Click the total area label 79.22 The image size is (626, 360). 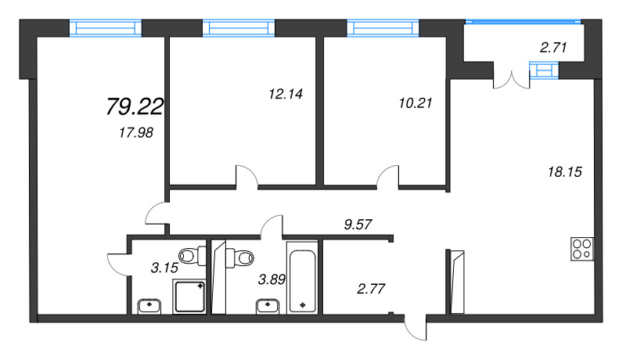[x=135, y=107]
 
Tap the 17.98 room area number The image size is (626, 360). [x=136, y=132]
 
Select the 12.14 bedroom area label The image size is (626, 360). [x=286, y=94]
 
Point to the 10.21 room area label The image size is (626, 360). [x=416, y=103]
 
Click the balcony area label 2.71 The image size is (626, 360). [x=553, y=48]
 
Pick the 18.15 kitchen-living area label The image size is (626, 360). [x=565, y=172]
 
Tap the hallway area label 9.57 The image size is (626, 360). [x=358, y=225]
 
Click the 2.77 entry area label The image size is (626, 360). [x=371, y=289]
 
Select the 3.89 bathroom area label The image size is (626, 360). [x=272, y=279]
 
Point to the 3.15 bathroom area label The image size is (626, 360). [x=164, y=268]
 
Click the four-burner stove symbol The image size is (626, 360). [x=582, y=249]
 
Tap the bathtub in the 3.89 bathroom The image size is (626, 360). [x=302, y=281]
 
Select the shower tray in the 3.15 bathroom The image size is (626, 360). [x=189, y=297]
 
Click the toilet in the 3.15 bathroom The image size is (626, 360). [x=192, y=255]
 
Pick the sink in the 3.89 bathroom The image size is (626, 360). [x=268, y=307]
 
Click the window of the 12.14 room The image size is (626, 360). [x=239, y=28]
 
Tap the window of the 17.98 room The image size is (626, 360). [x=106, y=28]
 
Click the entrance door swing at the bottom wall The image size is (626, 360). [x=416, y=328]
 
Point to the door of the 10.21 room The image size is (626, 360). [x=388, y=176]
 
